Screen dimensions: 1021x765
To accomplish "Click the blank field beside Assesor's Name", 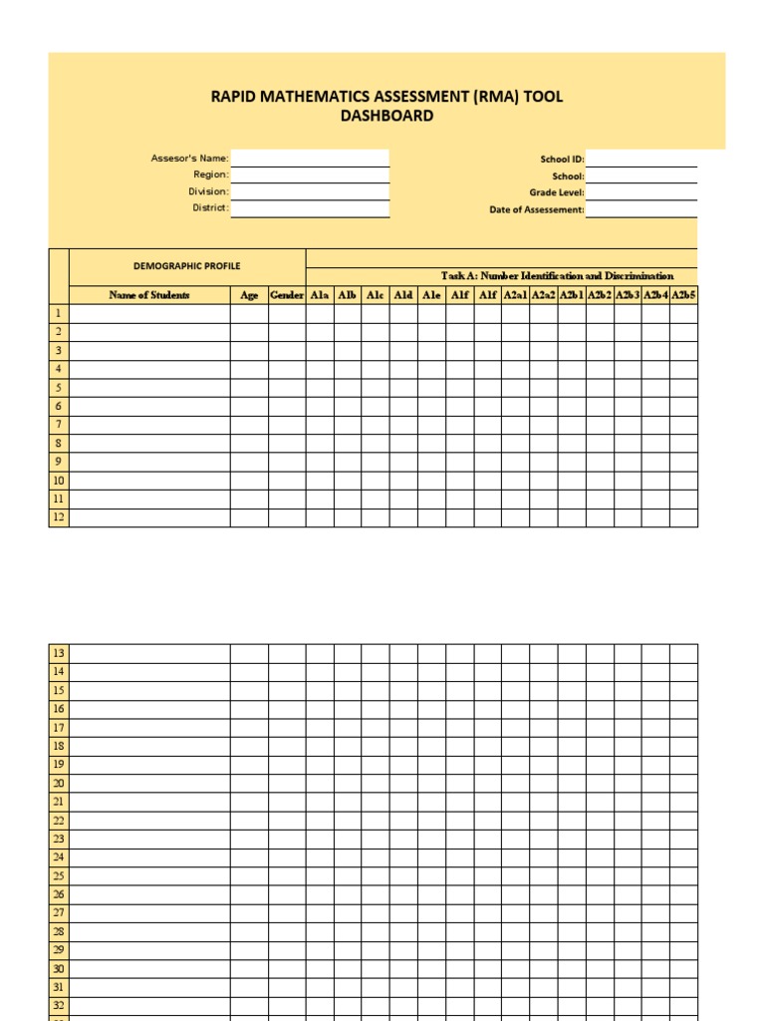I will [310, 158].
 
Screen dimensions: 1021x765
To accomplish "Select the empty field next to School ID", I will [641, 158].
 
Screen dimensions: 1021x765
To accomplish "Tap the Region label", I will [211, 174].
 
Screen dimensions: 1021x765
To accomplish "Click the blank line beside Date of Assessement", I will [641, 209].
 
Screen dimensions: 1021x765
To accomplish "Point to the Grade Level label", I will [557, 192].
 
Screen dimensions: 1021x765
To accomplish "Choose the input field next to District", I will [310, 208].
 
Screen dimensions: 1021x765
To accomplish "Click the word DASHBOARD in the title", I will [387, 116].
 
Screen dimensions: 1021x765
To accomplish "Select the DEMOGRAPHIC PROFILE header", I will [187, 266].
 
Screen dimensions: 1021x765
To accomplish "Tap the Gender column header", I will [287, 295].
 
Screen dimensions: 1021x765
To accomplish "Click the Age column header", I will [249, 295].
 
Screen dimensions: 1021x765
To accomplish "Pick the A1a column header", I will [320, 295].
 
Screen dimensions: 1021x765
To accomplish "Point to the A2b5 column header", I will [684, 295].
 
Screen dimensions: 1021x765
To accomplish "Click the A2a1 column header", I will [516, 295].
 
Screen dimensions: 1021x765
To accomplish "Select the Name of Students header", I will [149, 295].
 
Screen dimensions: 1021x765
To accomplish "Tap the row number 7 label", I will [59, 425].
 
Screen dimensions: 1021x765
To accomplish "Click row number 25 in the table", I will [59, 876].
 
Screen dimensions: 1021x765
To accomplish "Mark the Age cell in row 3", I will [249, 351].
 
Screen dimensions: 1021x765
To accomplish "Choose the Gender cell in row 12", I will [287, 517].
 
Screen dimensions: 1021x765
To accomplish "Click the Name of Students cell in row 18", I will [149, 746].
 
